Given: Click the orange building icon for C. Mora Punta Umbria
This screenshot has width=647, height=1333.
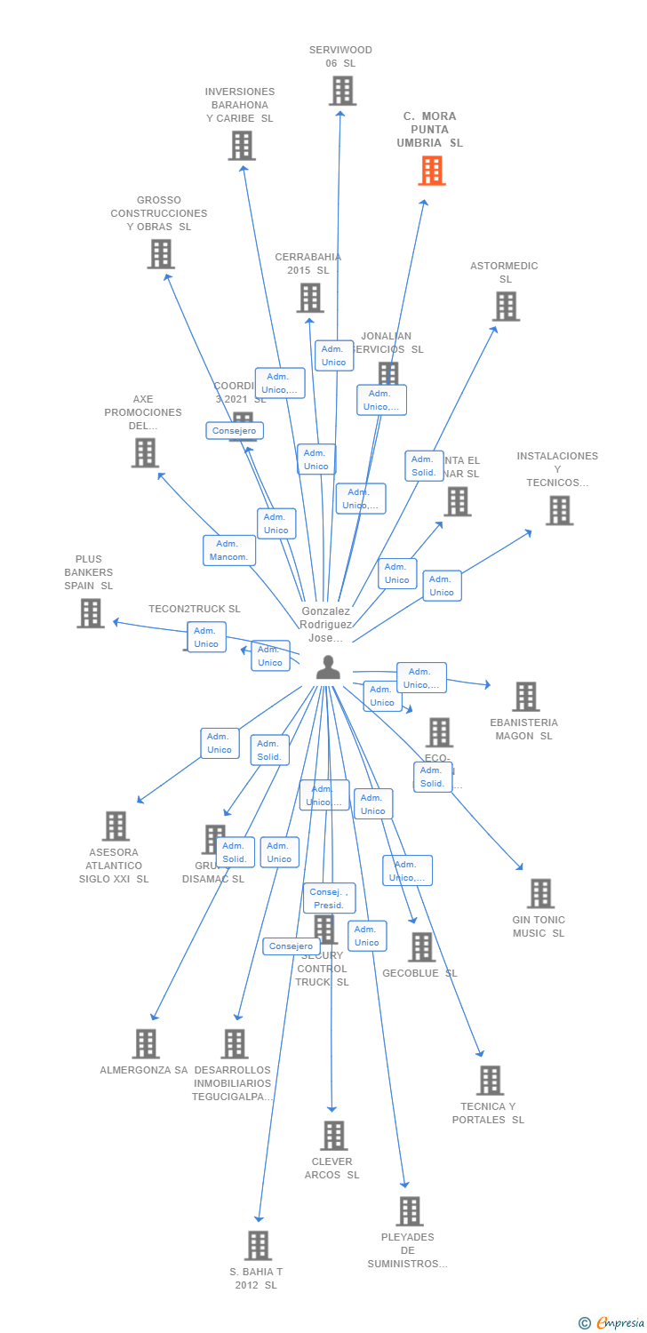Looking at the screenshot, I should (x=432, y=171).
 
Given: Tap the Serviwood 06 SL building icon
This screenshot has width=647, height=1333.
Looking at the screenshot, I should (x=342, y=91).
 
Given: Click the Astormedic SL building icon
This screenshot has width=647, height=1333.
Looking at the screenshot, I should (x=506, y=307).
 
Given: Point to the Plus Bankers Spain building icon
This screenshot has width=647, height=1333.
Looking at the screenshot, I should (x=90, y=613).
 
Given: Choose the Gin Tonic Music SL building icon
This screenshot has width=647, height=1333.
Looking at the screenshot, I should (x=540, y=893).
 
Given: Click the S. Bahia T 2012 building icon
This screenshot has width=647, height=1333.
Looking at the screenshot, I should (x=258, y=1245).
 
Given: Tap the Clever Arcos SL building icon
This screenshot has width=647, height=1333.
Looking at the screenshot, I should (x=333, y=1136).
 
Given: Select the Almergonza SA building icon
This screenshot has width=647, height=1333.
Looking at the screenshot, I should (x=145, y=1043).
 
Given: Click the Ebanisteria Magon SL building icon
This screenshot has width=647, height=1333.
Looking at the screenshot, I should (x=525, y=697).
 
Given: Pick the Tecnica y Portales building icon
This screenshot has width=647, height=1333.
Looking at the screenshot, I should (x=489, y=1081).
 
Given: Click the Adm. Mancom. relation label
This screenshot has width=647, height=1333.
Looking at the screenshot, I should (x=229, y=551).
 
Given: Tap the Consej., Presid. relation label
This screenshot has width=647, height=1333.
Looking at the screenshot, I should (x=329, y=898).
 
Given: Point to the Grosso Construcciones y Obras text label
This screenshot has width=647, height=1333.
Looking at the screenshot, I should (x=159, y=213).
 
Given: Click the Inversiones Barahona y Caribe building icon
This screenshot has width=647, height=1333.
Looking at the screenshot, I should (x=241, y=146).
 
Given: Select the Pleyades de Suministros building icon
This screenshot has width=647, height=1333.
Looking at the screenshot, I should (x=409, y=1210).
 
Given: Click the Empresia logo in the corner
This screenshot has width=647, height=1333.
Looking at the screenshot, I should (x=613, y=1323).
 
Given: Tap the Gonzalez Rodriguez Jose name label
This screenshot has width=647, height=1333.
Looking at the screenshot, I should (x=325, y=625).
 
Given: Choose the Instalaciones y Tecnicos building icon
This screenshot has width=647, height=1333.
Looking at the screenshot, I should (x=559, y=510).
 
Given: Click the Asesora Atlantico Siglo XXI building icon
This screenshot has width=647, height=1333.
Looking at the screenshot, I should (x=115, y=826).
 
